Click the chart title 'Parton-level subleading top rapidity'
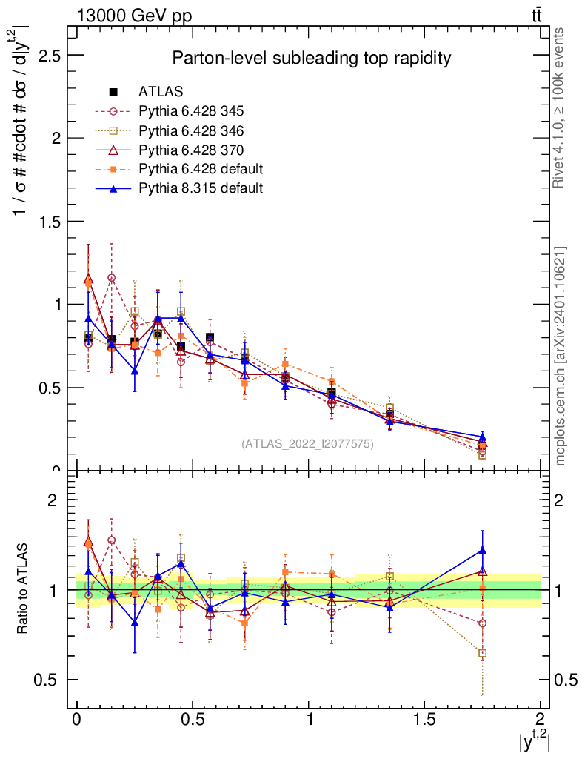pos(312,58)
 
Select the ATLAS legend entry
pos(161,92)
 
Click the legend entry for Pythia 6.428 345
pos(190,111)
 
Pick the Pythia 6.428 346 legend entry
pos(190,130)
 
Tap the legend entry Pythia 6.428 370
pos(190,150)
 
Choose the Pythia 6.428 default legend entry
pos(200,169)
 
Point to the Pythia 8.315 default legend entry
pos(200,188)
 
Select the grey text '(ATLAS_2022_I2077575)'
pos(307,444)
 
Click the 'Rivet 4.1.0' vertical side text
pos(559,107)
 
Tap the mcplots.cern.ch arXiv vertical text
pos(561,356)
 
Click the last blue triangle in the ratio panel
pos(482,550)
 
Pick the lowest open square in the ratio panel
pos(482,654)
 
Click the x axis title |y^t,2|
pos(533,740)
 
